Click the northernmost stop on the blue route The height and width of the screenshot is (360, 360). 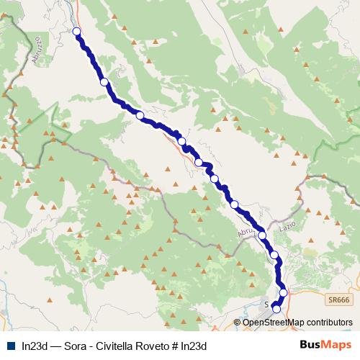click(x=77, y=31)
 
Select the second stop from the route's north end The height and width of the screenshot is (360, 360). click(x=104, y=82)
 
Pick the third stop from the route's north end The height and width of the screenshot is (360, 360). click(x=140, y=115)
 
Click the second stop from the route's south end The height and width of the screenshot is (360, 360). click(x=283, y=292)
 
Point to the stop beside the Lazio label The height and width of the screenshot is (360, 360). click(x=262, y=236)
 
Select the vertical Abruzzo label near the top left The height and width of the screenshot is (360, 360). click(x=35, y=53)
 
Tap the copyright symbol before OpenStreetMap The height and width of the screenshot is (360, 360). click(x=238, y=323)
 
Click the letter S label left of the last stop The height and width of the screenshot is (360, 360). click(x=267, y=305)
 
